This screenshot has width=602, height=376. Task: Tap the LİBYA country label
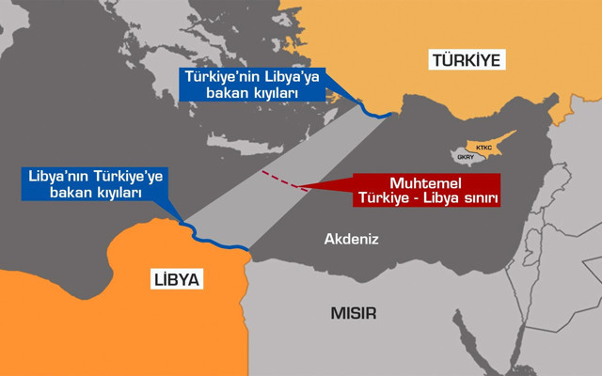176,279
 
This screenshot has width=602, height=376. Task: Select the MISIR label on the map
353,313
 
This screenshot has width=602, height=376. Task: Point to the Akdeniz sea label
351,240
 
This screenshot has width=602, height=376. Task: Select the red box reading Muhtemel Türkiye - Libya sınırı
427,190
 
